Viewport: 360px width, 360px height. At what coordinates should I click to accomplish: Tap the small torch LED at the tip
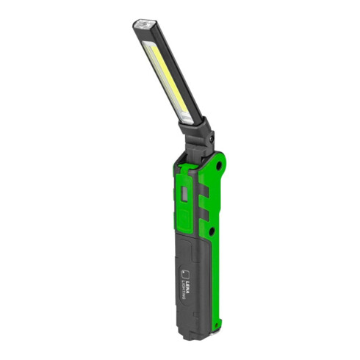pyautogui.click(x=145, y=24)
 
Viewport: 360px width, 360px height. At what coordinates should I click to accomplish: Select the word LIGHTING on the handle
pyautogui.click(x=184, y=289)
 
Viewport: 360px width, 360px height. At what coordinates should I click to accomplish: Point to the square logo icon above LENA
pyautogui.click(x=185, y=274)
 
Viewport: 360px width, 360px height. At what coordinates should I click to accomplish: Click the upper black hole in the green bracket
pyautogui.click(x=219, y=166)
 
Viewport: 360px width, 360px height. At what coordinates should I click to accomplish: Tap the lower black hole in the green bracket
pyautogui.click(x=212, y=231)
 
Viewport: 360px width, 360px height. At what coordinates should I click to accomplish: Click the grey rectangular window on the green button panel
pyautogui.click(x=184, y=194)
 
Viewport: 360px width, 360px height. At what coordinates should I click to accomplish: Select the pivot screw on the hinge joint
pyautogui.click(x=211, y=139)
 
